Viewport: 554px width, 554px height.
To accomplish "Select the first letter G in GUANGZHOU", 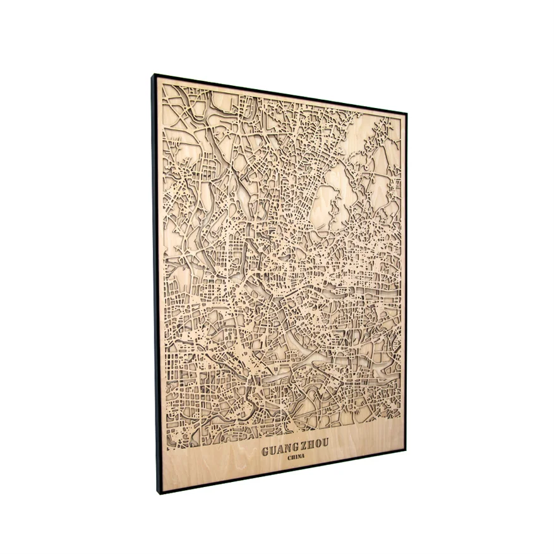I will [x=265, y=452].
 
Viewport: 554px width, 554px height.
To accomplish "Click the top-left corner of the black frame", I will [x=152, y=75].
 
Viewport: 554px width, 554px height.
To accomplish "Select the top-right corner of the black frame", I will [x=406, y=114].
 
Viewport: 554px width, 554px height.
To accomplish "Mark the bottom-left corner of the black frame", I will [x=159, y=493].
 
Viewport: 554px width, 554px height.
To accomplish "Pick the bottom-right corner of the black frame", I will [x=405, y=450].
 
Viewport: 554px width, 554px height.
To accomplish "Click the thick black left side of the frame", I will [x=155, y=284].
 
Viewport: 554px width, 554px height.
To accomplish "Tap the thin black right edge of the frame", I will [x=406, y=284].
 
